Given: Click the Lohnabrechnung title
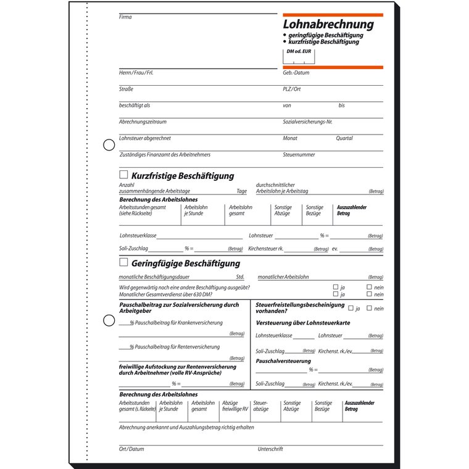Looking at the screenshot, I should point(328,25).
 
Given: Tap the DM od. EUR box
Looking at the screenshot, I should point(299,57).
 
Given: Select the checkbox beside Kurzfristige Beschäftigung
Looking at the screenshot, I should point(123,175).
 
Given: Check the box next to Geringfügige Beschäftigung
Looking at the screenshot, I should point(123,262).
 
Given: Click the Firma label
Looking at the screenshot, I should point(125,17).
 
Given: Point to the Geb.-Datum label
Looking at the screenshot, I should point(296,73).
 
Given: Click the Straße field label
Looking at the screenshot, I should point(127,89).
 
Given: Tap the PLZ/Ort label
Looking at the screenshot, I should point(292,89).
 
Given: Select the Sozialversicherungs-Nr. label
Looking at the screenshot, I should point(308,122).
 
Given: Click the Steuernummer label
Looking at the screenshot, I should point(299,155).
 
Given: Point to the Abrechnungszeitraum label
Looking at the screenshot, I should point(143,122).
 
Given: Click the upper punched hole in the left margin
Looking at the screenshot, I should point(109,145).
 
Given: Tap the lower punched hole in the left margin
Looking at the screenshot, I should point(109,321).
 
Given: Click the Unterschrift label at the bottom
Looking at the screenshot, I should point(270,449).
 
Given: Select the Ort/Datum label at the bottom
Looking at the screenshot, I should point(131,449).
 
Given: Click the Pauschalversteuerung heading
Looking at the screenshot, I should point(283,360).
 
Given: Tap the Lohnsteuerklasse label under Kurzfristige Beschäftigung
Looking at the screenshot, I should point(138,236).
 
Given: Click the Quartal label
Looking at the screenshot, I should point(344,138).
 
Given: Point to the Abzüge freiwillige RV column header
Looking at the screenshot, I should point(235,406).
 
